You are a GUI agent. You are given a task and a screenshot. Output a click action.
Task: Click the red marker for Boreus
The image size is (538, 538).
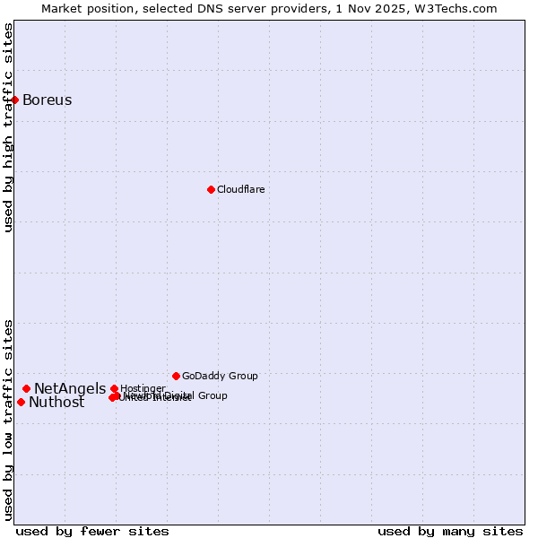click(x=15, y=100)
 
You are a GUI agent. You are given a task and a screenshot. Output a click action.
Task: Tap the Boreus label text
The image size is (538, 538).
click(x=48, y=100)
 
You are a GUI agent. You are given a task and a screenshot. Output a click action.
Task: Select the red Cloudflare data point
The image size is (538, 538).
click(x=211, y=189)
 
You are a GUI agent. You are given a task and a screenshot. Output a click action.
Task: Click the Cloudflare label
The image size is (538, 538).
click(x=240, y=189)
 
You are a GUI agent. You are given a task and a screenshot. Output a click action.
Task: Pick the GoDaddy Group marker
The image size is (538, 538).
click(x=176, y=376)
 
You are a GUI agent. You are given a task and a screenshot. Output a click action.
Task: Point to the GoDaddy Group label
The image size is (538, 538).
click(x=220, y=376)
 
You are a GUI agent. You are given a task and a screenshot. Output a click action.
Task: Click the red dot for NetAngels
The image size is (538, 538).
click(x=27, y=388)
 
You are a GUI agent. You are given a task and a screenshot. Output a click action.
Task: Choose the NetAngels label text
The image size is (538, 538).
click(x=70, y=388)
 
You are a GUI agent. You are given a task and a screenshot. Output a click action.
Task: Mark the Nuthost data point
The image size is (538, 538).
click(x=21, y=402)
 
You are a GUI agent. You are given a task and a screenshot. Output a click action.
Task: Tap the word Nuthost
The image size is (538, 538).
click(x=56, y=402)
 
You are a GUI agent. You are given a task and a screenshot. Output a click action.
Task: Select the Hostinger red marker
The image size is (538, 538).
click(x=114, y=388)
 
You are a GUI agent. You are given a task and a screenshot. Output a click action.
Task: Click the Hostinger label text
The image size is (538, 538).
click(x=143, y=388)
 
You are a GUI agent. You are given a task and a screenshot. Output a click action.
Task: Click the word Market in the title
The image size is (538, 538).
click(x=60, y=8)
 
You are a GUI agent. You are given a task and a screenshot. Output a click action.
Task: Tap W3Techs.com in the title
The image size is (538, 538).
click(x=461, y=8)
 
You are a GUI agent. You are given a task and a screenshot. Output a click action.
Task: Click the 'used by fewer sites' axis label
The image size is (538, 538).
click(x=92, y=531)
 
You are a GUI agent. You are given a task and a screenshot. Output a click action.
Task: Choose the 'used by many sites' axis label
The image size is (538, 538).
click(x=450, y=531)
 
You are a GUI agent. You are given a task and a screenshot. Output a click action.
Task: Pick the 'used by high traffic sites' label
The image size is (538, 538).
click(x=8, y=127)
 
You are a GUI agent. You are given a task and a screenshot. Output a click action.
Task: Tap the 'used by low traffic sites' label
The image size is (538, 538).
click(x=8, y=419)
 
